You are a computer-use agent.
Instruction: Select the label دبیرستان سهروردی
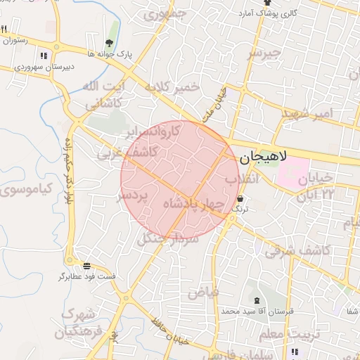pyautogui.click(x=44, y=68)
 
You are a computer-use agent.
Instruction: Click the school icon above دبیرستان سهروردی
pyautogui.click(x=44, y=56)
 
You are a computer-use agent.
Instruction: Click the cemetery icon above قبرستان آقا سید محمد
pyautogui.click(x=257, y=301)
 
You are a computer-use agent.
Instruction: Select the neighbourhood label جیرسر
pyautogui.click(x=264, y=53)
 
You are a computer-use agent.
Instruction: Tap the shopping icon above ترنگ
pyautogui.click(x=240, y=199)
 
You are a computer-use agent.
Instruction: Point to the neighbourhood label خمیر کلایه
pyautogui.click(x=172, y=88)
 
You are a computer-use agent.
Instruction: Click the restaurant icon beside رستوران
pyautogui.click(x=4, y=29)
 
